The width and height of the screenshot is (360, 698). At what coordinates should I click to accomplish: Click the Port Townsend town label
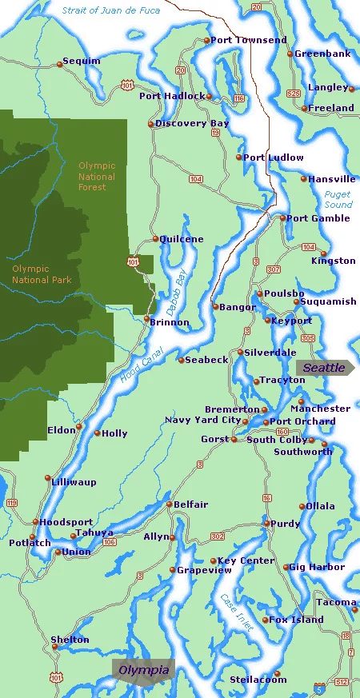tap(248, 40)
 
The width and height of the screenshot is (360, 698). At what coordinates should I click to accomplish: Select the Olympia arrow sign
tap(143, 670)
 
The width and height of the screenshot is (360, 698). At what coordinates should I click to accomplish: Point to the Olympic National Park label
tap(42, 274)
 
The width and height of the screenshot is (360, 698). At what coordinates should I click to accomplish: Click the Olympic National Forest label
tap(97, 177)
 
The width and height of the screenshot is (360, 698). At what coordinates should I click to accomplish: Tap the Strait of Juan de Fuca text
tap(110, 10)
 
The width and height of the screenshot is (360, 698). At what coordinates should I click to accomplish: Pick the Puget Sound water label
tap(338, 200)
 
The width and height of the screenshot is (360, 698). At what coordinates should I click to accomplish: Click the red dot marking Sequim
tap(60, 61)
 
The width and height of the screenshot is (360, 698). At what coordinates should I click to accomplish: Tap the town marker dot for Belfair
tap(169, 505)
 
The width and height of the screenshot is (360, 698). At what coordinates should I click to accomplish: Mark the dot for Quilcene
tap(155, 239)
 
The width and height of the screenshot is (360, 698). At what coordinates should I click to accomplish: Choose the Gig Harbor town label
tap(317, 568)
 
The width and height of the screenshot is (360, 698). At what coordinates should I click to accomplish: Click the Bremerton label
tap(232, 409)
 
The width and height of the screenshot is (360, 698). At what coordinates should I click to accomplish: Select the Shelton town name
tap(70, 640)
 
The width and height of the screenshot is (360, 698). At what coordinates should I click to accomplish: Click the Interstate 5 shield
tap(319, 687)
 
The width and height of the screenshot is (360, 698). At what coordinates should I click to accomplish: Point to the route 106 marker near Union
tap(110, 542)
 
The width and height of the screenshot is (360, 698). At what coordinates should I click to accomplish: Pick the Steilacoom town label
tap(258, 680)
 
